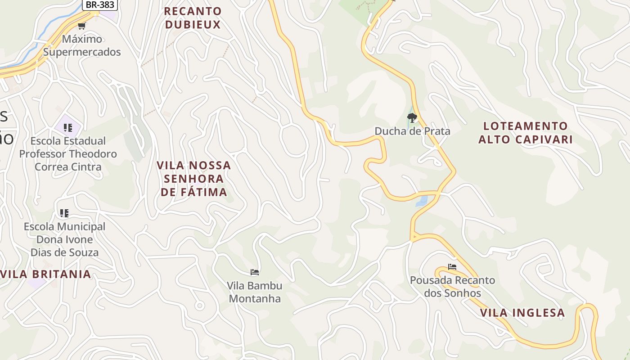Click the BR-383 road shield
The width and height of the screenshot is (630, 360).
[100, 4]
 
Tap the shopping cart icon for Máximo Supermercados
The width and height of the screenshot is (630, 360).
[81, 26]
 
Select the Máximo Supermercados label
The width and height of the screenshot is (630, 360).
[82, 45]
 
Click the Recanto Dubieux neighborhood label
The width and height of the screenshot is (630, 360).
[193, 18]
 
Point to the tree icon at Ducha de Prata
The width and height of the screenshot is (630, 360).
[412, 118]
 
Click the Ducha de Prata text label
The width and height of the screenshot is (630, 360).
[412, 131]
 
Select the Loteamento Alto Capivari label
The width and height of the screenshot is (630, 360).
[525, 132]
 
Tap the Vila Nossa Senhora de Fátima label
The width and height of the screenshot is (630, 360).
[194, 179]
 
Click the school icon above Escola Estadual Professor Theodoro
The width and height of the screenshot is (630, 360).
[68, 128]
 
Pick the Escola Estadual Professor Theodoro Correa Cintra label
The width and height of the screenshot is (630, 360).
[68, 154]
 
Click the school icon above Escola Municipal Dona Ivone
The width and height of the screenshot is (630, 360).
[64, 213]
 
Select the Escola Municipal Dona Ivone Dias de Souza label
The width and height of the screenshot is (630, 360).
[64, 239]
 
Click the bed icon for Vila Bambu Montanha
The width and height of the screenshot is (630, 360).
[255, 272]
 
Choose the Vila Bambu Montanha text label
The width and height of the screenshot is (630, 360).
[255, 292]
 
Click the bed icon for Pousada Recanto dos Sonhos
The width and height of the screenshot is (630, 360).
[452, 267]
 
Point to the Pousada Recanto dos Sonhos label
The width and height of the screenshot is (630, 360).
[452, 287]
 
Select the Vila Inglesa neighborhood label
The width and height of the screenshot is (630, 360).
[522, 313]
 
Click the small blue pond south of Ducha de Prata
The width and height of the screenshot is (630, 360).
[422, 201]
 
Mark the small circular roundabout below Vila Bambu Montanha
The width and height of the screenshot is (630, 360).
[199, 306]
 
